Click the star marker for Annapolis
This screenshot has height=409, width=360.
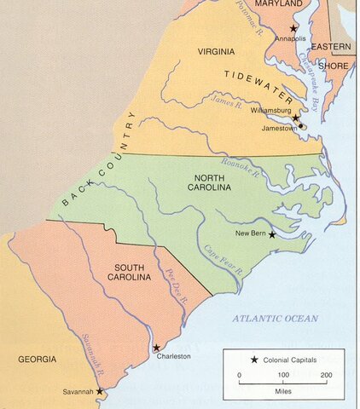pos(293,28)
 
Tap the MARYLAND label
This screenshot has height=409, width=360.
pos(280,5)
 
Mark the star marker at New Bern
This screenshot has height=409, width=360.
pos(272,233)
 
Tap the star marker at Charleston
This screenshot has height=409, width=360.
pos(155,348)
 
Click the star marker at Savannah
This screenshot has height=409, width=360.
pos(99,391)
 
